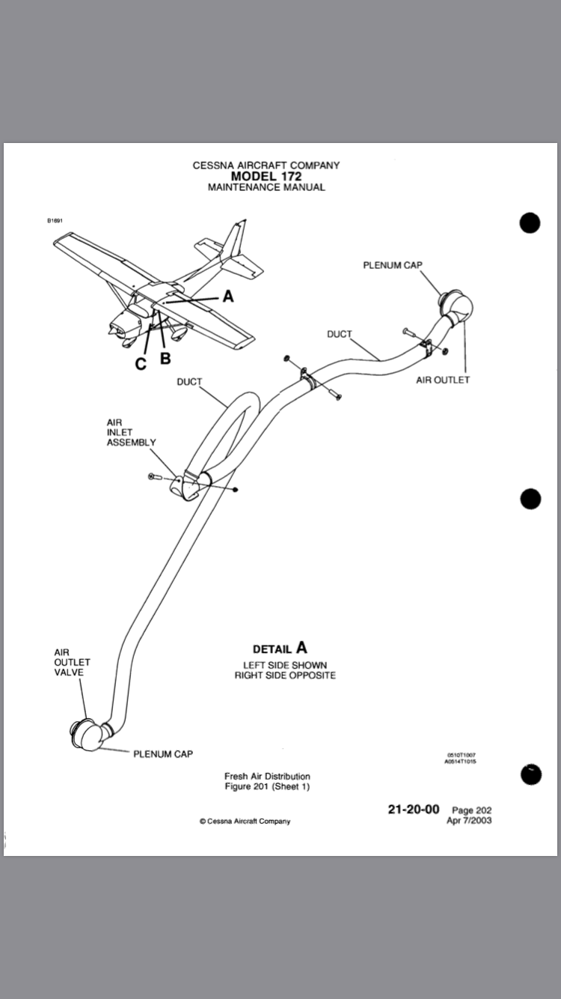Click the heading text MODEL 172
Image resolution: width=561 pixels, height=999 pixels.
click(x=266, y=176)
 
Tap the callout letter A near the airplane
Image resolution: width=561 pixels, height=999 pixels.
click(x=228, y=297)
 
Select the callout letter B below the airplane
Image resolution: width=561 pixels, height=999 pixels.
click(x=165, y=358)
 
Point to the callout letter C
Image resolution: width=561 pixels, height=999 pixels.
click(x=141, y=364)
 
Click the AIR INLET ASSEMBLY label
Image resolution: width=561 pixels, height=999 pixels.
click(x=131, y=433)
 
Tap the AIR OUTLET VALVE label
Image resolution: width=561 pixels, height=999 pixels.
click(x=72, y=662)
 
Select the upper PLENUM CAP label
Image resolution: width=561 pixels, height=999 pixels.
click(x=393, y=265)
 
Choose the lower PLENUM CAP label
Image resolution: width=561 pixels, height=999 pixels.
click(x=162, y=754)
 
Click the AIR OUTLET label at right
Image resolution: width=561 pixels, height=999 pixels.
click(x=443, y=380)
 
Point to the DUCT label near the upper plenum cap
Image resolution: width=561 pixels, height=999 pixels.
click(x=339, y=334)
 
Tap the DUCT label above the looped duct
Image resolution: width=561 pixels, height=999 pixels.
click(x=189, y=382)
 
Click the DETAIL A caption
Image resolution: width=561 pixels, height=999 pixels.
click(x=280, y=648)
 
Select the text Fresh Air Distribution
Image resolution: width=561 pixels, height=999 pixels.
click(x=267, y=777)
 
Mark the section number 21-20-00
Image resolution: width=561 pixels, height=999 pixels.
click(x=414, y=810)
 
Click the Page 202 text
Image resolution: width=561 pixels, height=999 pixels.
click(x=472, y=810)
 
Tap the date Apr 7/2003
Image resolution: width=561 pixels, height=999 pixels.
click(x=469, y=820)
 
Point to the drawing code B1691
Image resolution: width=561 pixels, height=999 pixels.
click(x=55, y=221)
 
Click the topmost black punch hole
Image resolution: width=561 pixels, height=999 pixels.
click(x=530, y=223)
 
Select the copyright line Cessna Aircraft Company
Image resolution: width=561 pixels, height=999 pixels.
click(x=245, y=822)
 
